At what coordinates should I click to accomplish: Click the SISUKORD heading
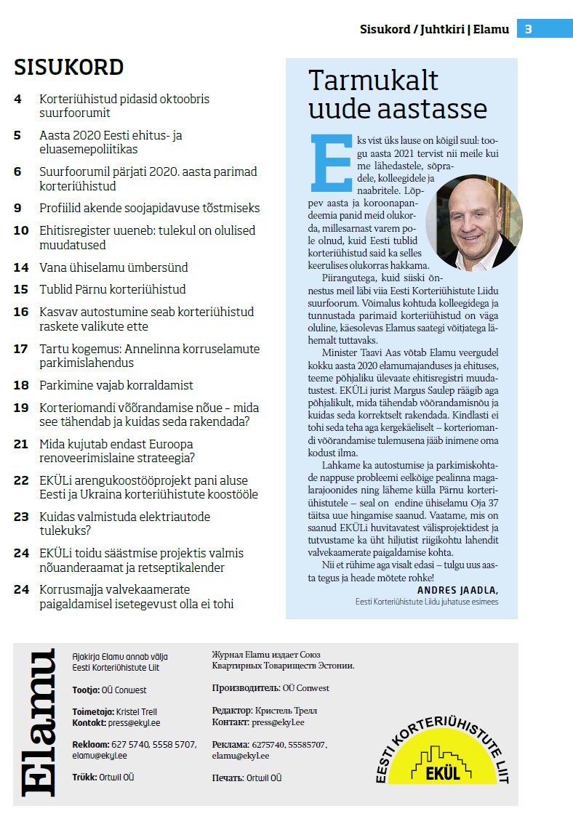click(x=69, y=68)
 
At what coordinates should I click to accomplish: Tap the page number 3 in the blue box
click(x=529, y=29)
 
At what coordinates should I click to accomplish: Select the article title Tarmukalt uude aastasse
click(x=398, y=94)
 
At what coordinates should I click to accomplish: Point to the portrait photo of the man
click(x=474, y=222)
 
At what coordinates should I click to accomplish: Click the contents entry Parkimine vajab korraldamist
click(x=116, y=385)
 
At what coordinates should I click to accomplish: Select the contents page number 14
click(x=21, y=267)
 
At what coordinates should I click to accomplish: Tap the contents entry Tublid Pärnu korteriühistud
click(x=113, y=289)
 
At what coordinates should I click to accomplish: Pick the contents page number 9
click(x=17, y=208)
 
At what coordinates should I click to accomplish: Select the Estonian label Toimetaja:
click(x=93, y=712)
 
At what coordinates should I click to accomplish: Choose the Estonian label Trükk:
click(x=84, y=778)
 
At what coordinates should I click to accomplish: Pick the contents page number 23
click(x=21, y=517)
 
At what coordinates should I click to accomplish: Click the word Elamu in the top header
click(x=491, y=30)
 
